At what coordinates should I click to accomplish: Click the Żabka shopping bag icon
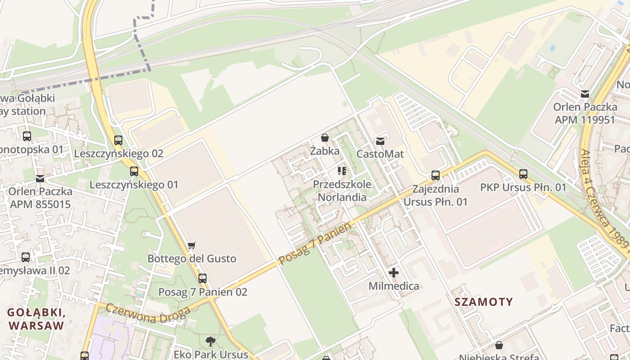[324, 138]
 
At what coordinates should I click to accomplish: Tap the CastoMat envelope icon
[380, 141]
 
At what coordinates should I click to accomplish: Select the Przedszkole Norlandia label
[342, 190]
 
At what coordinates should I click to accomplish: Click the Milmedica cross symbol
[394, 273]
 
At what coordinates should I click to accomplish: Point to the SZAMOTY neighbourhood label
[484, 301]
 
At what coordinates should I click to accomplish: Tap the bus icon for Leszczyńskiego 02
[118, 140]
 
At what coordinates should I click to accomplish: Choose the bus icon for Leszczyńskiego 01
[134, 171]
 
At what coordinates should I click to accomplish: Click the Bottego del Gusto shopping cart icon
[192, 245]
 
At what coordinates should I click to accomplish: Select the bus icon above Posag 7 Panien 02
[202, 279]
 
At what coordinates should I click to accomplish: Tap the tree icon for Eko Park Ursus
[210, 341]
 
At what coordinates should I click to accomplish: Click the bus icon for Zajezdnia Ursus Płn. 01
[435, 175]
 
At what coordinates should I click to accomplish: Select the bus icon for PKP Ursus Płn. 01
[523, 174]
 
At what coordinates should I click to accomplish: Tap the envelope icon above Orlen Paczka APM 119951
[585, 94]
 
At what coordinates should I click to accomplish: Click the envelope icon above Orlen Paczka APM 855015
[40, 179]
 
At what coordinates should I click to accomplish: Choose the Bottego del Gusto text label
[192, 259]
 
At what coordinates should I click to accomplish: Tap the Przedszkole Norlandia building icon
[342, 171]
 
